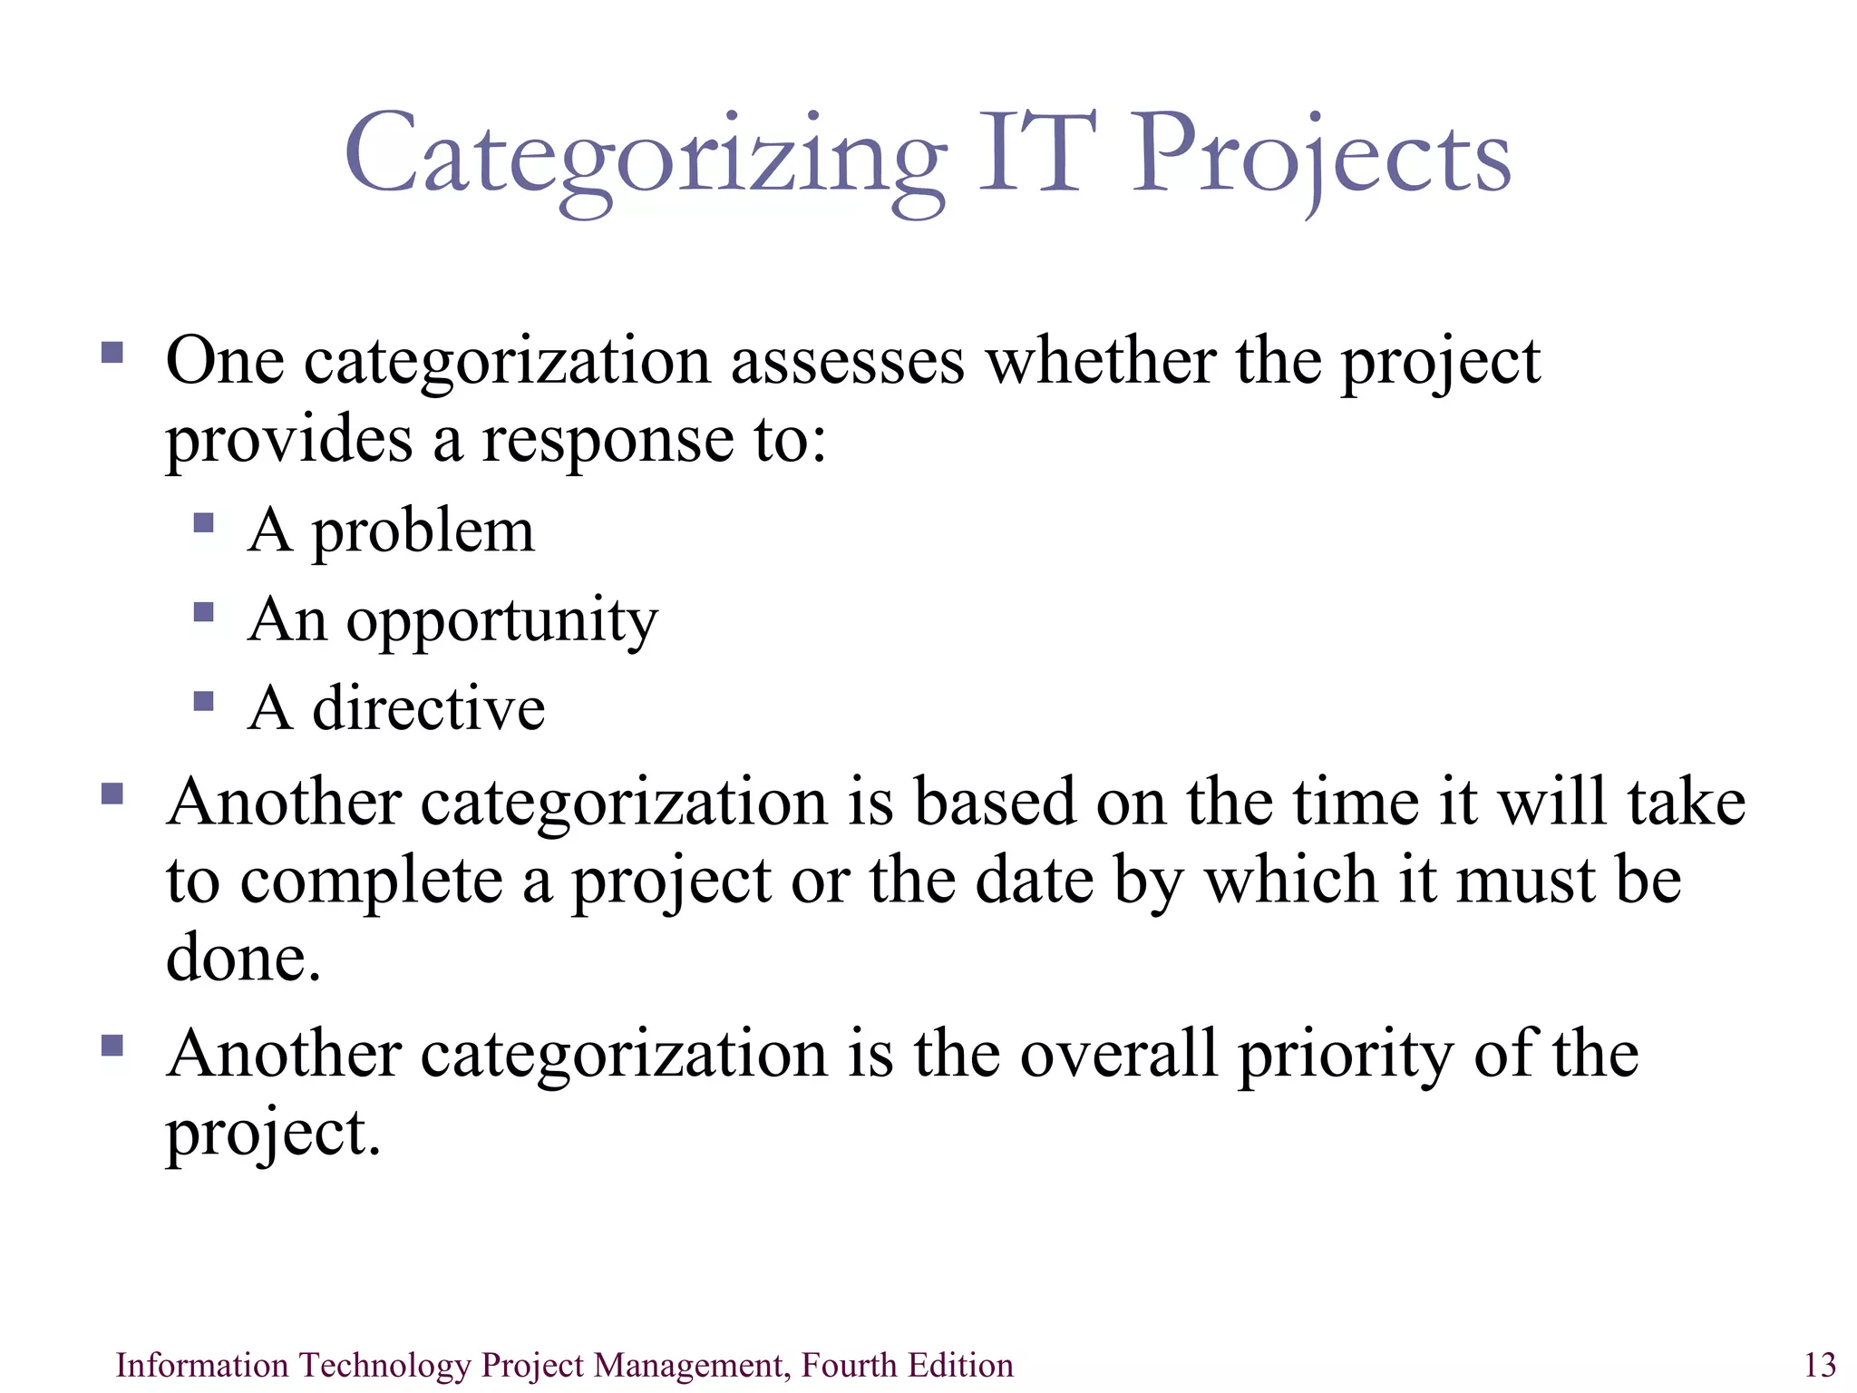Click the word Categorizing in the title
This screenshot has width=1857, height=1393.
pyautogui.click(x=645, y=156)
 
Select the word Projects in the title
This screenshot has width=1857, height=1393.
pyautogui.click(x=1322, y=156)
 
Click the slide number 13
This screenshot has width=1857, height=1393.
pyautogui.click(x=1820, y=1365)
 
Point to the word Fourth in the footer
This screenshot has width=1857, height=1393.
pyautogui.click(x=841, y=1365)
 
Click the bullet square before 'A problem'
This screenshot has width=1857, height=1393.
pyautogui.click(x=204, y=523)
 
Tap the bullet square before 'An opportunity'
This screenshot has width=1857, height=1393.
pyautogui.click(x=204, y=613)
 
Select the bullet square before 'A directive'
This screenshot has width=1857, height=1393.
pyautogui.click(x=204, y=701)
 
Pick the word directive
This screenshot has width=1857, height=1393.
pyautogui.click(x=429, y=708)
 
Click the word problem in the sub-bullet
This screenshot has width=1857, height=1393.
pyautogui.click(x=423, y=533)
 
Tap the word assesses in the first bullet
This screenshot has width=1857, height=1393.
pyautogui.click(x=848, y=361)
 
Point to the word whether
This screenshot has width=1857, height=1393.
pyautogui.click(x=1101, y=361)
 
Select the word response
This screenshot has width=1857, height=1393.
pyautogui.click(x=608, y=442)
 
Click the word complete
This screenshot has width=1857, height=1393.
pyautogui.click(x=371, y=882)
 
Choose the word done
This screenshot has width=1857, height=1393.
pyautogui.click(x=243, y=959)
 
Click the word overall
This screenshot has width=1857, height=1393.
pyautogui.click(x=1118, y=1054)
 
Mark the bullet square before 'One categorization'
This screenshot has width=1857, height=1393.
pyautogui.click(x=112, y=352)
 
